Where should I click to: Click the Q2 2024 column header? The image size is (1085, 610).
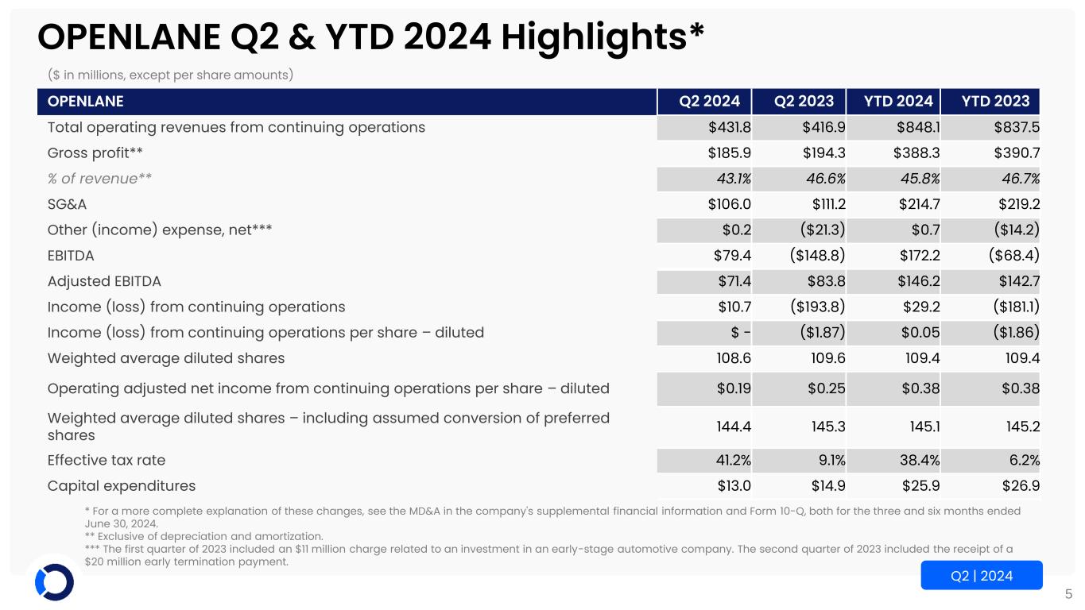pyautogui.click(x=709, y=102)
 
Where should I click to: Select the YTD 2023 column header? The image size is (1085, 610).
pyautogui.click(x=995, y=102)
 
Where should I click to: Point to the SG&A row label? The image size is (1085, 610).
pyautogui.click(x=67, y=204)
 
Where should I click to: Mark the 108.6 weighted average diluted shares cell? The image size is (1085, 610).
pyautogui.click(x=734, y=357)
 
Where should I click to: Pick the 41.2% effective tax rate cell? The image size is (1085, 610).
pyautogui.click(x=730, y=460)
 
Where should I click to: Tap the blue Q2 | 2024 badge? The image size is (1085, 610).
pyautogui.click(x=981, y=575)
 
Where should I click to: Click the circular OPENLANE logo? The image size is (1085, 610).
pyautogui.click(x=55, y=582)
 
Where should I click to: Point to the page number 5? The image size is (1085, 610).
pyautogui.click(x=1068, y=593)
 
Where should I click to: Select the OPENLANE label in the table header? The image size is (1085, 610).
pyautogui.click(x=86, y=102)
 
